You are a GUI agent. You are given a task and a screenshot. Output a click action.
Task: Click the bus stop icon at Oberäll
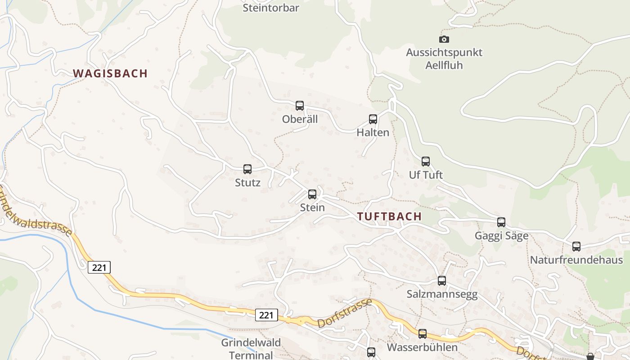point(300,106)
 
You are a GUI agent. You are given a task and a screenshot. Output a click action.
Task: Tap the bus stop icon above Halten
point(373,119)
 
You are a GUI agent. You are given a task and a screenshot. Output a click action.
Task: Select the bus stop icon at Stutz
point(247,169)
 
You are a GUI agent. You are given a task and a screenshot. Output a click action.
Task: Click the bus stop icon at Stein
point(312,194)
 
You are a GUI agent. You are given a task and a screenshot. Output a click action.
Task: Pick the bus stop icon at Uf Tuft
point(426,161)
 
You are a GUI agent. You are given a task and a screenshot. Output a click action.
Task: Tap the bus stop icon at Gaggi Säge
point(501,222)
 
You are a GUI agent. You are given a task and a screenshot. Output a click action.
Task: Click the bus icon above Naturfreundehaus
point(576,247)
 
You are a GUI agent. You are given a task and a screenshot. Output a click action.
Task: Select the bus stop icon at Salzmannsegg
point(442,281)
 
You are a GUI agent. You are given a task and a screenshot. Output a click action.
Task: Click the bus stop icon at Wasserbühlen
point(423,334)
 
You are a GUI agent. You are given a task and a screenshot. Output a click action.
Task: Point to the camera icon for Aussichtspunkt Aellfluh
point(444,39)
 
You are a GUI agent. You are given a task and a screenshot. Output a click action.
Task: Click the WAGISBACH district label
point(110,73)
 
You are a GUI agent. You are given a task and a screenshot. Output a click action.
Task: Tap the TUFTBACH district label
point(390,216)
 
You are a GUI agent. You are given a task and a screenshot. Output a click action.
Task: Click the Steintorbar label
point(271,8)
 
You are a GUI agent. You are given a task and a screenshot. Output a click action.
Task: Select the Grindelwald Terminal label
point(251,349)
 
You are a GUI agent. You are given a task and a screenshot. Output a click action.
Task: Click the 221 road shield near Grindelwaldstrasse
point(99,267)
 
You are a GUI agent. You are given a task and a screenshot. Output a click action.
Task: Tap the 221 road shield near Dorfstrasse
point(266,315)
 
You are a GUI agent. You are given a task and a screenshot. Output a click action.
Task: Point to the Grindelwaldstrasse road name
point(36,211)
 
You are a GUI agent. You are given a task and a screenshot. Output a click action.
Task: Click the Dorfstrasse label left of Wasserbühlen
point(345,313)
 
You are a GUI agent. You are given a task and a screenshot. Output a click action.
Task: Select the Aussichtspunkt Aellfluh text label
point(444,58)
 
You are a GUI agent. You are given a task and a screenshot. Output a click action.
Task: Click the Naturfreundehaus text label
point(576,260)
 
